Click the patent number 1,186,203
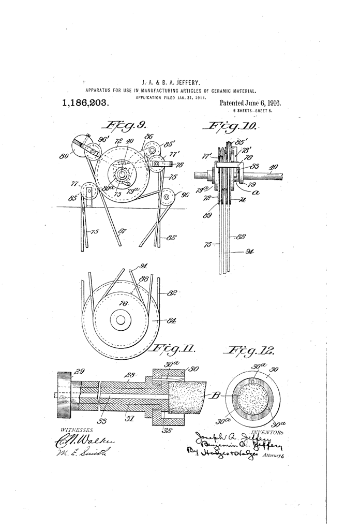point(85,103)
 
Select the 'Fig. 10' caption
point(227,126)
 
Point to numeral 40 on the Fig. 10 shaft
point(274,167)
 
